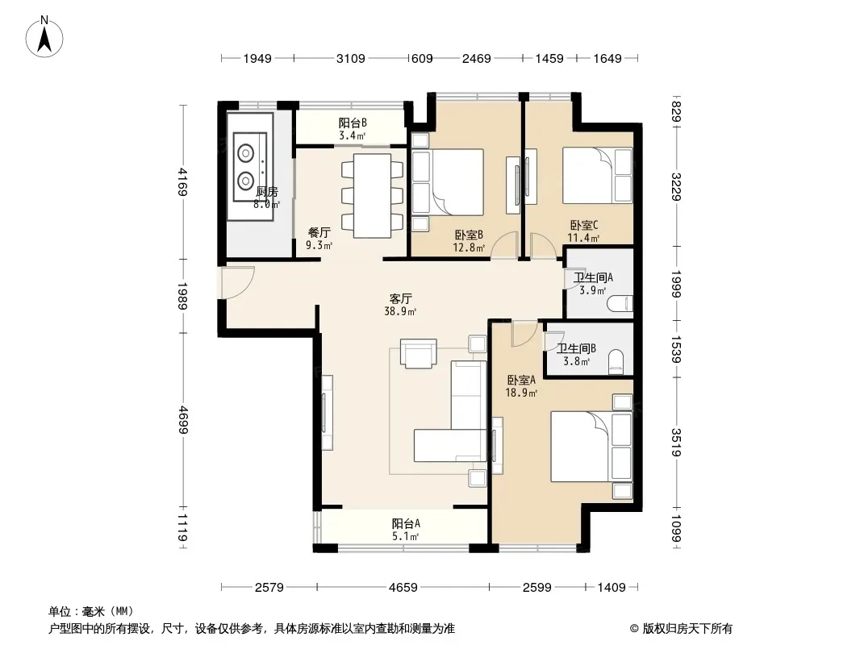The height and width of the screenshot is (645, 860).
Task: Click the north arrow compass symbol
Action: [44, 37]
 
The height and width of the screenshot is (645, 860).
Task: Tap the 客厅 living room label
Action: [400, 298]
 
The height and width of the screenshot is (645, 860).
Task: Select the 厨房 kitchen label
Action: [267, 192]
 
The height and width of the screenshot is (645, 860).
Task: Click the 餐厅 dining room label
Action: [319, 233]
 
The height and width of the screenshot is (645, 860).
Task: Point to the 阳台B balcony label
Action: [352, 123]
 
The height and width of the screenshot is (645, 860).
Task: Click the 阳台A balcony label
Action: [406, 523]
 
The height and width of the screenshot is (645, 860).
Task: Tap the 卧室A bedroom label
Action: [522, 380]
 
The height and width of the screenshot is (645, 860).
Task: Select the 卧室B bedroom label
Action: [469, 235]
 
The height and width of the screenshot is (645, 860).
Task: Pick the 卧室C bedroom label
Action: [583, 225]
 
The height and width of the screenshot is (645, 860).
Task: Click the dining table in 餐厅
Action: [373, 196]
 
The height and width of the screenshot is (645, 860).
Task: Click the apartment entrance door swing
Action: [237, 283]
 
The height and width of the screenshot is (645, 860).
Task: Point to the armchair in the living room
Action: [419, 353]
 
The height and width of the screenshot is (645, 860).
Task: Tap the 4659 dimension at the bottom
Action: [403, 588]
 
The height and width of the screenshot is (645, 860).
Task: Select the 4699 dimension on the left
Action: [182, 420]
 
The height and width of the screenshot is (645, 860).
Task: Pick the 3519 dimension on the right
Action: [676, 443]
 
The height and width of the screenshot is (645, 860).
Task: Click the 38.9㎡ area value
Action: [400, 312]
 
